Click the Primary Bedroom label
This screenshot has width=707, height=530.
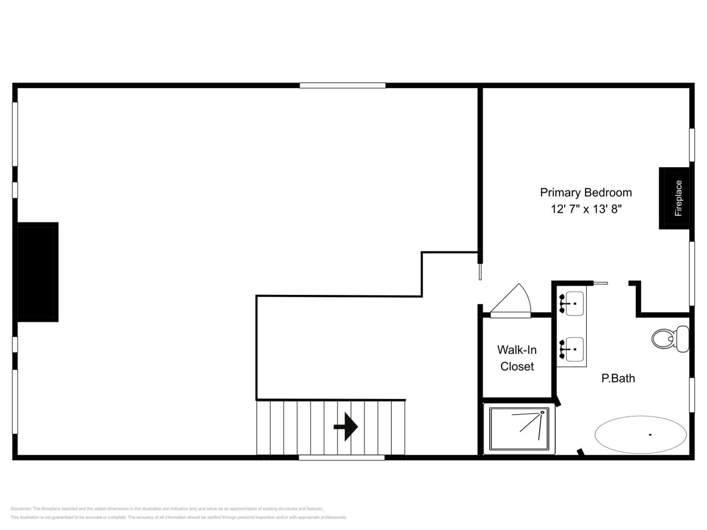click(586, 193)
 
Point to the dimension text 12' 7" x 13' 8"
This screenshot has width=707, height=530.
click(586, 209)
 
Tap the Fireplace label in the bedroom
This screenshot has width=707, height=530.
click(678, 198)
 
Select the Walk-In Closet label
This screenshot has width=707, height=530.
click(517, 358)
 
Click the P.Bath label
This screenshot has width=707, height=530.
click(618, 378)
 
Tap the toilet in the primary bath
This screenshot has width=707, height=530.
click(670, 339)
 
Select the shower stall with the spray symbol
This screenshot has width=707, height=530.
click(519, 429)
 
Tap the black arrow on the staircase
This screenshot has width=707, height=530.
click(345, 427)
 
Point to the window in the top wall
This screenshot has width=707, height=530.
click(342, 85)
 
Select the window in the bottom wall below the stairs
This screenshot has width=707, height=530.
click(341, 458)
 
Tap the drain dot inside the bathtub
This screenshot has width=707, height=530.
click(650, 434)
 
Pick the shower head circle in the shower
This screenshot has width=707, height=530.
click(543, 412)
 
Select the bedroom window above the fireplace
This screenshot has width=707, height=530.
click(692, 145)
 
